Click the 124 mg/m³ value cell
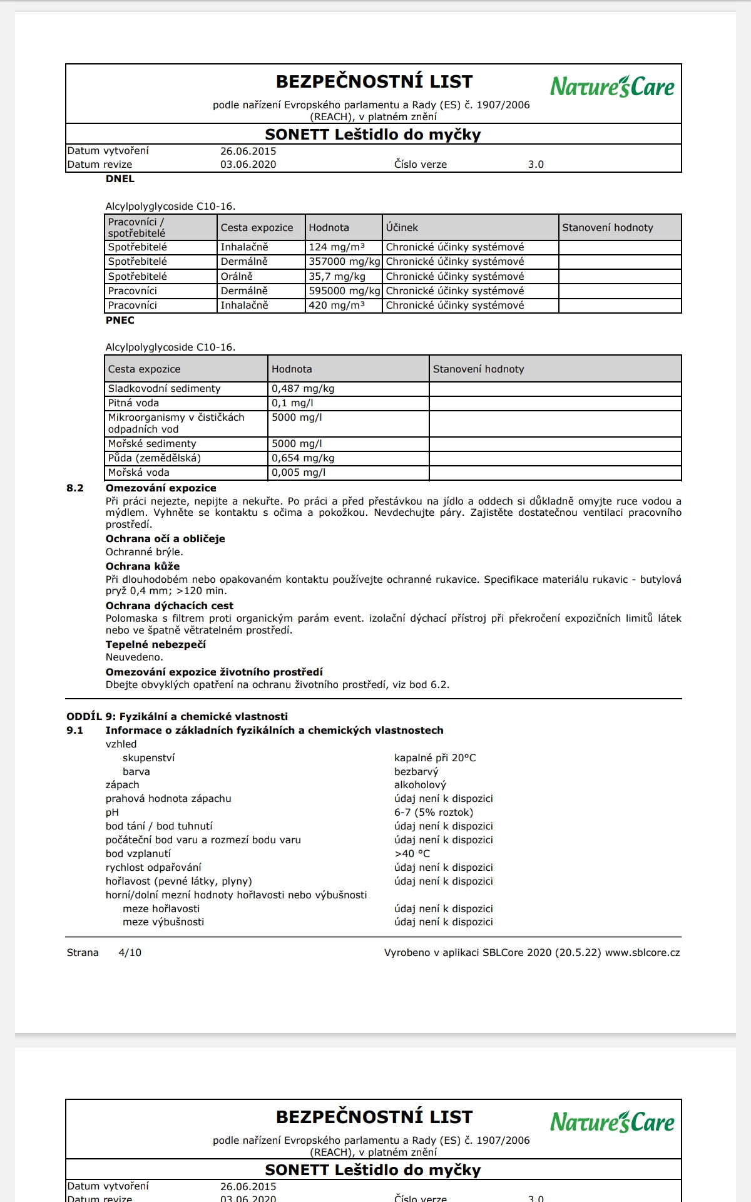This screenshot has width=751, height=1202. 337,247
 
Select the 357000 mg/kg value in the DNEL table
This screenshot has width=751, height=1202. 344,262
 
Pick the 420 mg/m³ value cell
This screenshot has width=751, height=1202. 337,306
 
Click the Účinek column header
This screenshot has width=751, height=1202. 402,228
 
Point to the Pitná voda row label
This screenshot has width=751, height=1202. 133,403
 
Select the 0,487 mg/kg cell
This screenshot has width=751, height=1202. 303,389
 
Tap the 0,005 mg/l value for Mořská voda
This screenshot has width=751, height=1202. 299,473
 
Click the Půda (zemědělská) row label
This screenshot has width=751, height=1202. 155,458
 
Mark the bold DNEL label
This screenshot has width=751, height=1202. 120,179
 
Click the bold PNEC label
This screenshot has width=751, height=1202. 120,321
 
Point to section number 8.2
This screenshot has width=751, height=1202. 75,488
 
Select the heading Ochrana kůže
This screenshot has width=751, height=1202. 143,567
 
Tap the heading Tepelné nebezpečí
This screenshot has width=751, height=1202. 155,645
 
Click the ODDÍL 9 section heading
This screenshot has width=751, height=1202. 177,717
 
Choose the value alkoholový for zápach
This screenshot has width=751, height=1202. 420,785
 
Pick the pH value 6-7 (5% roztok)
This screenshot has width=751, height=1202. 434,813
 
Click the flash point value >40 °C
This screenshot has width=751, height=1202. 412,854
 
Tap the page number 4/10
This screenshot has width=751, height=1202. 130,953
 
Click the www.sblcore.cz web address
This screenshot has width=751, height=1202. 642,953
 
